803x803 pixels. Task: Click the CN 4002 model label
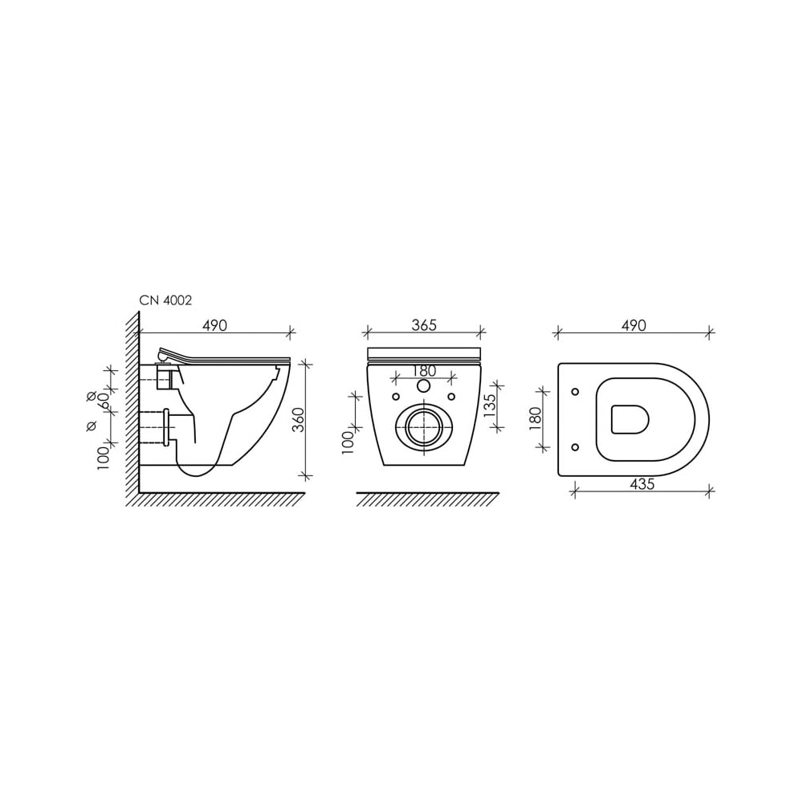pos(165,300)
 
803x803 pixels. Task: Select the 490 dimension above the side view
pos(214,325)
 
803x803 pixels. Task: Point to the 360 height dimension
pos(299,420)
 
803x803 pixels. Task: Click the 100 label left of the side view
pos(104,458)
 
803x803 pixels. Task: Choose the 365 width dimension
pos(424,325)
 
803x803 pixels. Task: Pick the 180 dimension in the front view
pos(424,371)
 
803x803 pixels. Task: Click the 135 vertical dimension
pos(490,405)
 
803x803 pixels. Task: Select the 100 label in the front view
pos(348,442)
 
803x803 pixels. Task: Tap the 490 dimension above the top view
pos(634,325)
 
